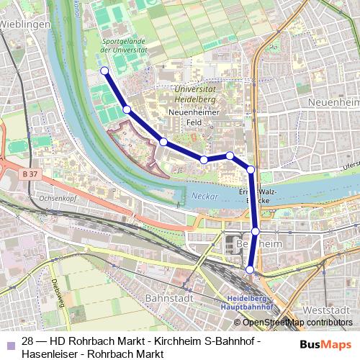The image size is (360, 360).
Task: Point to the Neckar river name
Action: (x=204, y=196)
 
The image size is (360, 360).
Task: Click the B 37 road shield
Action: (x=30, y=174)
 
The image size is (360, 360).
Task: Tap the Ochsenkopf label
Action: (x=42, y=197)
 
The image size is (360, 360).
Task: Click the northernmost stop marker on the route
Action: (x=104, y=71)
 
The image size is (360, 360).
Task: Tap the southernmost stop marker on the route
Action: (x=251, y=269)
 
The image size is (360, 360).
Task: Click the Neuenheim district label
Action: (x=333, y=103)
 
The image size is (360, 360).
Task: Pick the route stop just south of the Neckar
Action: (x=256, y=231)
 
